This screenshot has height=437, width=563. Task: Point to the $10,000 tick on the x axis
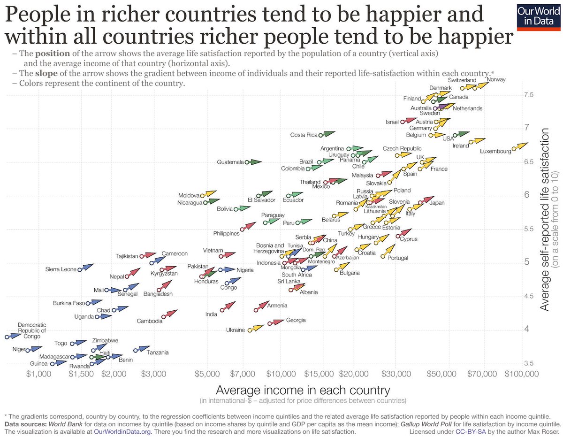pyautogui.click(x=280, y=374)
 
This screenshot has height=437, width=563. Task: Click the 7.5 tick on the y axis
pyautogui.click(x=529, y=95)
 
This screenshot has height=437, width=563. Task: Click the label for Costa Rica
pyautogui.click(x=304, y=135)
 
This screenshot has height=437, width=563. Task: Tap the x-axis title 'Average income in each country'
pyautogui.click(x=303, y=390)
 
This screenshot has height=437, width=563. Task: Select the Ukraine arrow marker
pyautogui.click(x=256, y=328)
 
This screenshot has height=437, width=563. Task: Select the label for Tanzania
pyautogui.click(x=157, y=353)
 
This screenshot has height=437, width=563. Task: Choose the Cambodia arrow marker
pyautogui.click(x=170, y=314)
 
